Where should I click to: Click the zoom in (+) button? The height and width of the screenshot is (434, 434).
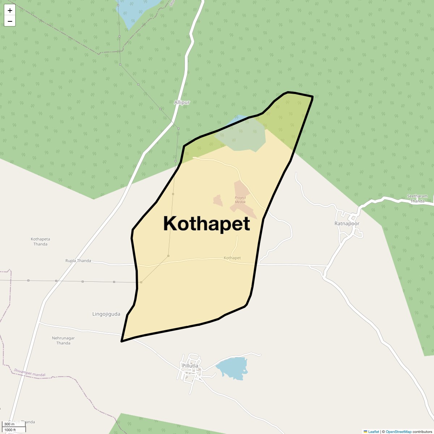click(x=10, y=10)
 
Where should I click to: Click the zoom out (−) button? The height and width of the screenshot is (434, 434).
click(x=10, y=21)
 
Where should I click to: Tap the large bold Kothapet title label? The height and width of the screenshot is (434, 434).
click(x=207, y=224)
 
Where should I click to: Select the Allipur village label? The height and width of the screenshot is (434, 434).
click(x=182, y=103)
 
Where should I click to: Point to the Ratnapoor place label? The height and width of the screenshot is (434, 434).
click(x=347, y=224)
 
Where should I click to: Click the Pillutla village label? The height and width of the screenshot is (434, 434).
click(x=190, y=366)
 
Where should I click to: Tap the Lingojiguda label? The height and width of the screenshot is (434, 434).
click(x=106, y=314)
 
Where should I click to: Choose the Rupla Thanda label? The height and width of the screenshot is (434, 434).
click(x=78, y=261)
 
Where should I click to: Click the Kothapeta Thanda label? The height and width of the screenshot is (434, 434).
click(x=40, y=242)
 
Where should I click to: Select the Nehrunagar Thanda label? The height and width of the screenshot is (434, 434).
click(x=63, y=340)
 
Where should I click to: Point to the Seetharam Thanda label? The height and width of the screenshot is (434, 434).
click(x=417, y=199)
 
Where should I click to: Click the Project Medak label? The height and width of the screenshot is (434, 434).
click(x=240, y=200)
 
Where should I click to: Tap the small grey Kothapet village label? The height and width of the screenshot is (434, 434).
click(x=232, y=258)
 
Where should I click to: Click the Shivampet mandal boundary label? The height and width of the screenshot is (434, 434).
click(x=30, y=373)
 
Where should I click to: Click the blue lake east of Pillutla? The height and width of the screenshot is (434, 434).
click(x=232, y=368)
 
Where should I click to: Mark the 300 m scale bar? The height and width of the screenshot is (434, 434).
click(x=10, y=424)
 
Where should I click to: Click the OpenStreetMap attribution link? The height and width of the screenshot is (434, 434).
click(x=398, y=431)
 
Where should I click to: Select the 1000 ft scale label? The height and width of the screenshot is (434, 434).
click(x=10, y=430)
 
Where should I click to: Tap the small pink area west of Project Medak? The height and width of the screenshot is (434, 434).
click(x=217, y=200)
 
